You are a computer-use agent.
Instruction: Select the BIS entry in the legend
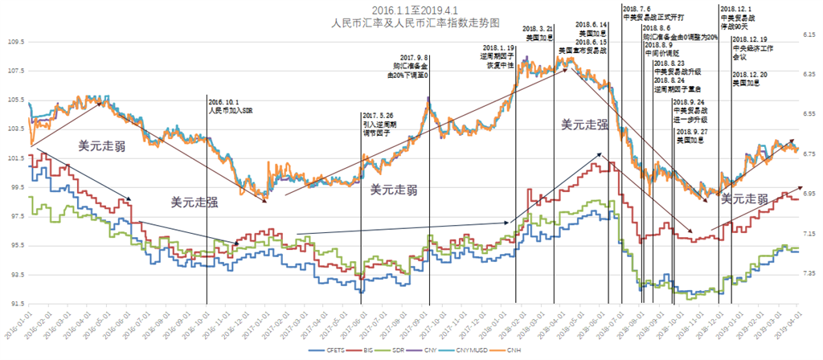pyautogui.click(x=368, y=350)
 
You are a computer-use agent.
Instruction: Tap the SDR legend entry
pyautogui.click(x=404, y=350)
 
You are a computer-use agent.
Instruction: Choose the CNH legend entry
pyautogui.click(x=522, y=350)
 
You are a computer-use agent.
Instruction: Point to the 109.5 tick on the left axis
pyautogui.click(x=14, y=42)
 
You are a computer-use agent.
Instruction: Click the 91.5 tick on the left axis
pyautogui.click(x=14, y=304)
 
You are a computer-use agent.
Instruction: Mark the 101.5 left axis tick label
pyautogui.click(x=14, y=158)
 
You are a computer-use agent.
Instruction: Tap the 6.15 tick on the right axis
pyautogui.click(x=809, y=35)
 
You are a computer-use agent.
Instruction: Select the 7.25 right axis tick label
pyautogui.click(x=809, y=274)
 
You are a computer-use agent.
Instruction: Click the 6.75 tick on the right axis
pyautogui.click(x=809, y=154)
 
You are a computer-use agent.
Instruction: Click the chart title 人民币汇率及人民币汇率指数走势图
pyautogui.click(x=411, y=23)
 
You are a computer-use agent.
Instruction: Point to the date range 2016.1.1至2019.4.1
pyautogui.click(x=411, y=10)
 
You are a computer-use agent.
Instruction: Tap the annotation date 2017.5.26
pyautogui.click(x=379, y=116)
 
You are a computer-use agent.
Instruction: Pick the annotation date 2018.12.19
pyautogui.click(x=749, y=39)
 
